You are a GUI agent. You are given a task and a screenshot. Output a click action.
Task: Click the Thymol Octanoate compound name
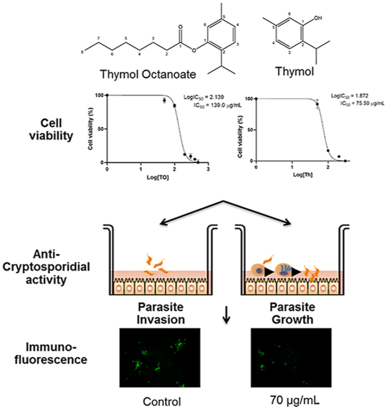(x=143, y=74)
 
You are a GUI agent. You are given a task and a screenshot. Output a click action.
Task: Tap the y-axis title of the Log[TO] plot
(x=91, y=130)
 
